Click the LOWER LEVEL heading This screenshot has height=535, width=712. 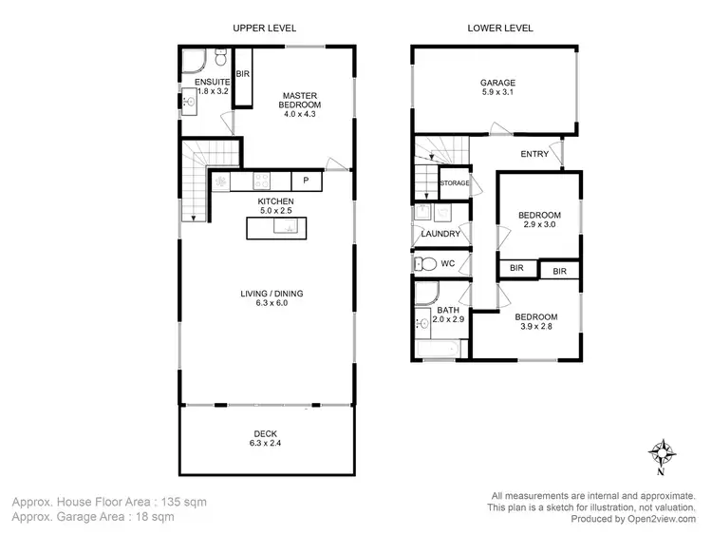point(500,28)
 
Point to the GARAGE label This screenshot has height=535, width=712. point(497,83)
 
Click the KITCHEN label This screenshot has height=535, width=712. point(276,201)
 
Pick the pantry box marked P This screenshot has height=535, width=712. point(306,181)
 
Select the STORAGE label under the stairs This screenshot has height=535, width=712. point(455,182)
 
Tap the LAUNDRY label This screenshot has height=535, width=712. point(441,234)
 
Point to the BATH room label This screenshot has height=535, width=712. point(447,311)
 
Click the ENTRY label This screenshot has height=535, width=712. point(535,154)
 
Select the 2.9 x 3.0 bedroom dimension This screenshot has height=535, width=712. point(539,226)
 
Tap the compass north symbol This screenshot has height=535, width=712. point(662,451)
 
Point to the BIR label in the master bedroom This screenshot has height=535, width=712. point(243,74)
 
